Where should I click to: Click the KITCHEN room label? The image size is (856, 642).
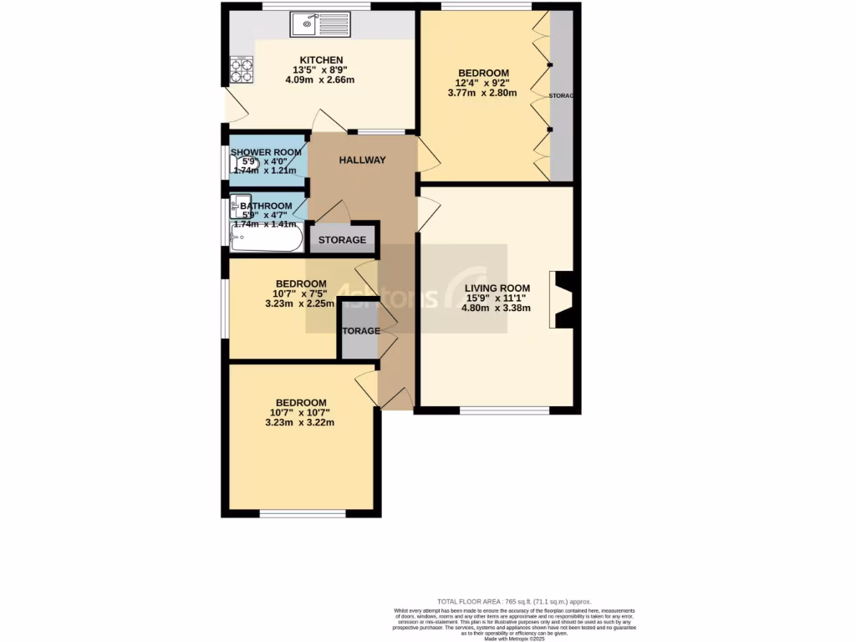322,60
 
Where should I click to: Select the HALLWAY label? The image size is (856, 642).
362,160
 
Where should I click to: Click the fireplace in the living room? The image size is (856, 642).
561,299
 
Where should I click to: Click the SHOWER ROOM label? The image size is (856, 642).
266,152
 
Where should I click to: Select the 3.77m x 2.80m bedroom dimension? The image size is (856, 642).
486,93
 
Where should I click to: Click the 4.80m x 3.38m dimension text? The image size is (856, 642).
497,307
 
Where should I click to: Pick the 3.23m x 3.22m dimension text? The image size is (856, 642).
302,422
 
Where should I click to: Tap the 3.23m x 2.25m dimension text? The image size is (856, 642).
301,303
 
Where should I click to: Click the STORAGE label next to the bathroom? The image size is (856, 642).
342,240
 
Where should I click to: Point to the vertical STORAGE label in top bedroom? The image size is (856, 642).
561,97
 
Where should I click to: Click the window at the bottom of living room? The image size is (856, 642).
505,410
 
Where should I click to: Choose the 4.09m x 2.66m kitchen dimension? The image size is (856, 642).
321,80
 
